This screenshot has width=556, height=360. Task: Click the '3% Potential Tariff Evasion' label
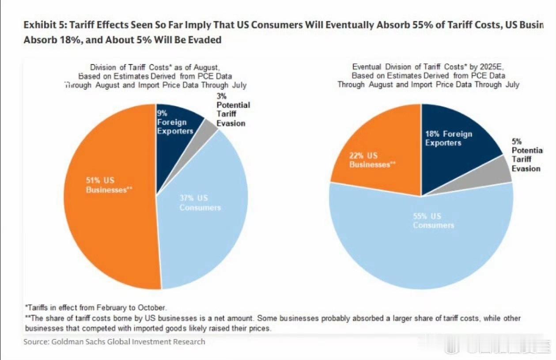pos(233,110)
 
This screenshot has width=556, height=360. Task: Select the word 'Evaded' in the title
pos(204,40)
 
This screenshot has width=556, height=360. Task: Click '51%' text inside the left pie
pos(93,181)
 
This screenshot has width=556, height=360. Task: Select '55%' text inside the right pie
pos(421,216)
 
